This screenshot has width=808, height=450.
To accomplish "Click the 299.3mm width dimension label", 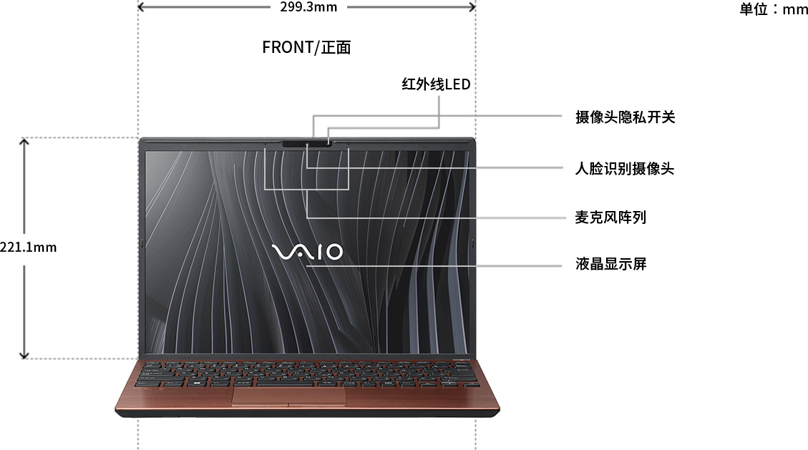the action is click(x=308, y=6).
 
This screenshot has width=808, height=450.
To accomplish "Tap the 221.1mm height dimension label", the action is click(x=29, y=247).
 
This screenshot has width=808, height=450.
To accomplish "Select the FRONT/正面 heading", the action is click(x=306, y=47).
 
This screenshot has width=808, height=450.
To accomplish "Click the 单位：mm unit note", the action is click(x=773, y=9).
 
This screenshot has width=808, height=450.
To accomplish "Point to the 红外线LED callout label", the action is click(x=436, y=84).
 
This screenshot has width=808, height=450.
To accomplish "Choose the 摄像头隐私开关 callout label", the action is click(x=625, y=117).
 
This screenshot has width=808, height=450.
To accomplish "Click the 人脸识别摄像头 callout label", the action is click(x=625, y=168).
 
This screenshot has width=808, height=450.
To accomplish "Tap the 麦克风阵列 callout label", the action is click(x=610, y=217).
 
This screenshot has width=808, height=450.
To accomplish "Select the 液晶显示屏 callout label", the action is click(x=610, y=264).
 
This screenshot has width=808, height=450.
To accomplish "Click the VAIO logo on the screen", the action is click(x=307, y=252).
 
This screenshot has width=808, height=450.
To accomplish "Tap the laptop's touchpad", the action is click(x=288, y=396).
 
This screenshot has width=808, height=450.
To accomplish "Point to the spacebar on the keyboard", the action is click(x=284, y=383).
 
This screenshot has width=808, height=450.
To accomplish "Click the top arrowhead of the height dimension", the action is click(x=24, y=140).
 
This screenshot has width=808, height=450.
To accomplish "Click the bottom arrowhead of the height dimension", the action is click(x=24, y=356).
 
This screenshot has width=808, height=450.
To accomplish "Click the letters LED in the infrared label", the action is click(x=457, y=84).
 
